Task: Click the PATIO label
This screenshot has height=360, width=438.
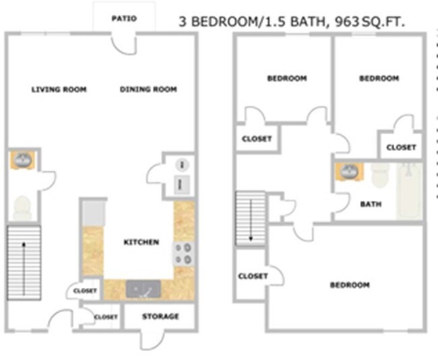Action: pos(124,19)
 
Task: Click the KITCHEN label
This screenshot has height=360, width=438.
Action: pos(142,242)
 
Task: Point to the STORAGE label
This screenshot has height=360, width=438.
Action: pos(160,316)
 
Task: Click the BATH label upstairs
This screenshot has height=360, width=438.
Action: pos(371,204)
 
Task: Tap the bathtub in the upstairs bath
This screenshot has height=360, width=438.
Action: pos(409,190)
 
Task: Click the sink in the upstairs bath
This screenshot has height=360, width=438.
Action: pos(350,171)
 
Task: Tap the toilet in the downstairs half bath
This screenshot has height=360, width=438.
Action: pos(23,206)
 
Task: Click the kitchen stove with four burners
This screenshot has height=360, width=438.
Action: pos(183,254)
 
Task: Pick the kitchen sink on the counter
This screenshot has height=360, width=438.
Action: pos(143,289)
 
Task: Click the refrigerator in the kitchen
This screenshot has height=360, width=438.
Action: pos(93,213)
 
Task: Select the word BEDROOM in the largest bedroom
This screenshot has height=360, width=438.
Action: pos(350,285)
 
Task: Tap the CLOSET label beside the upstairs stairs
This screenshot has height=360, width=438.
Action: pos(253,276)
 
